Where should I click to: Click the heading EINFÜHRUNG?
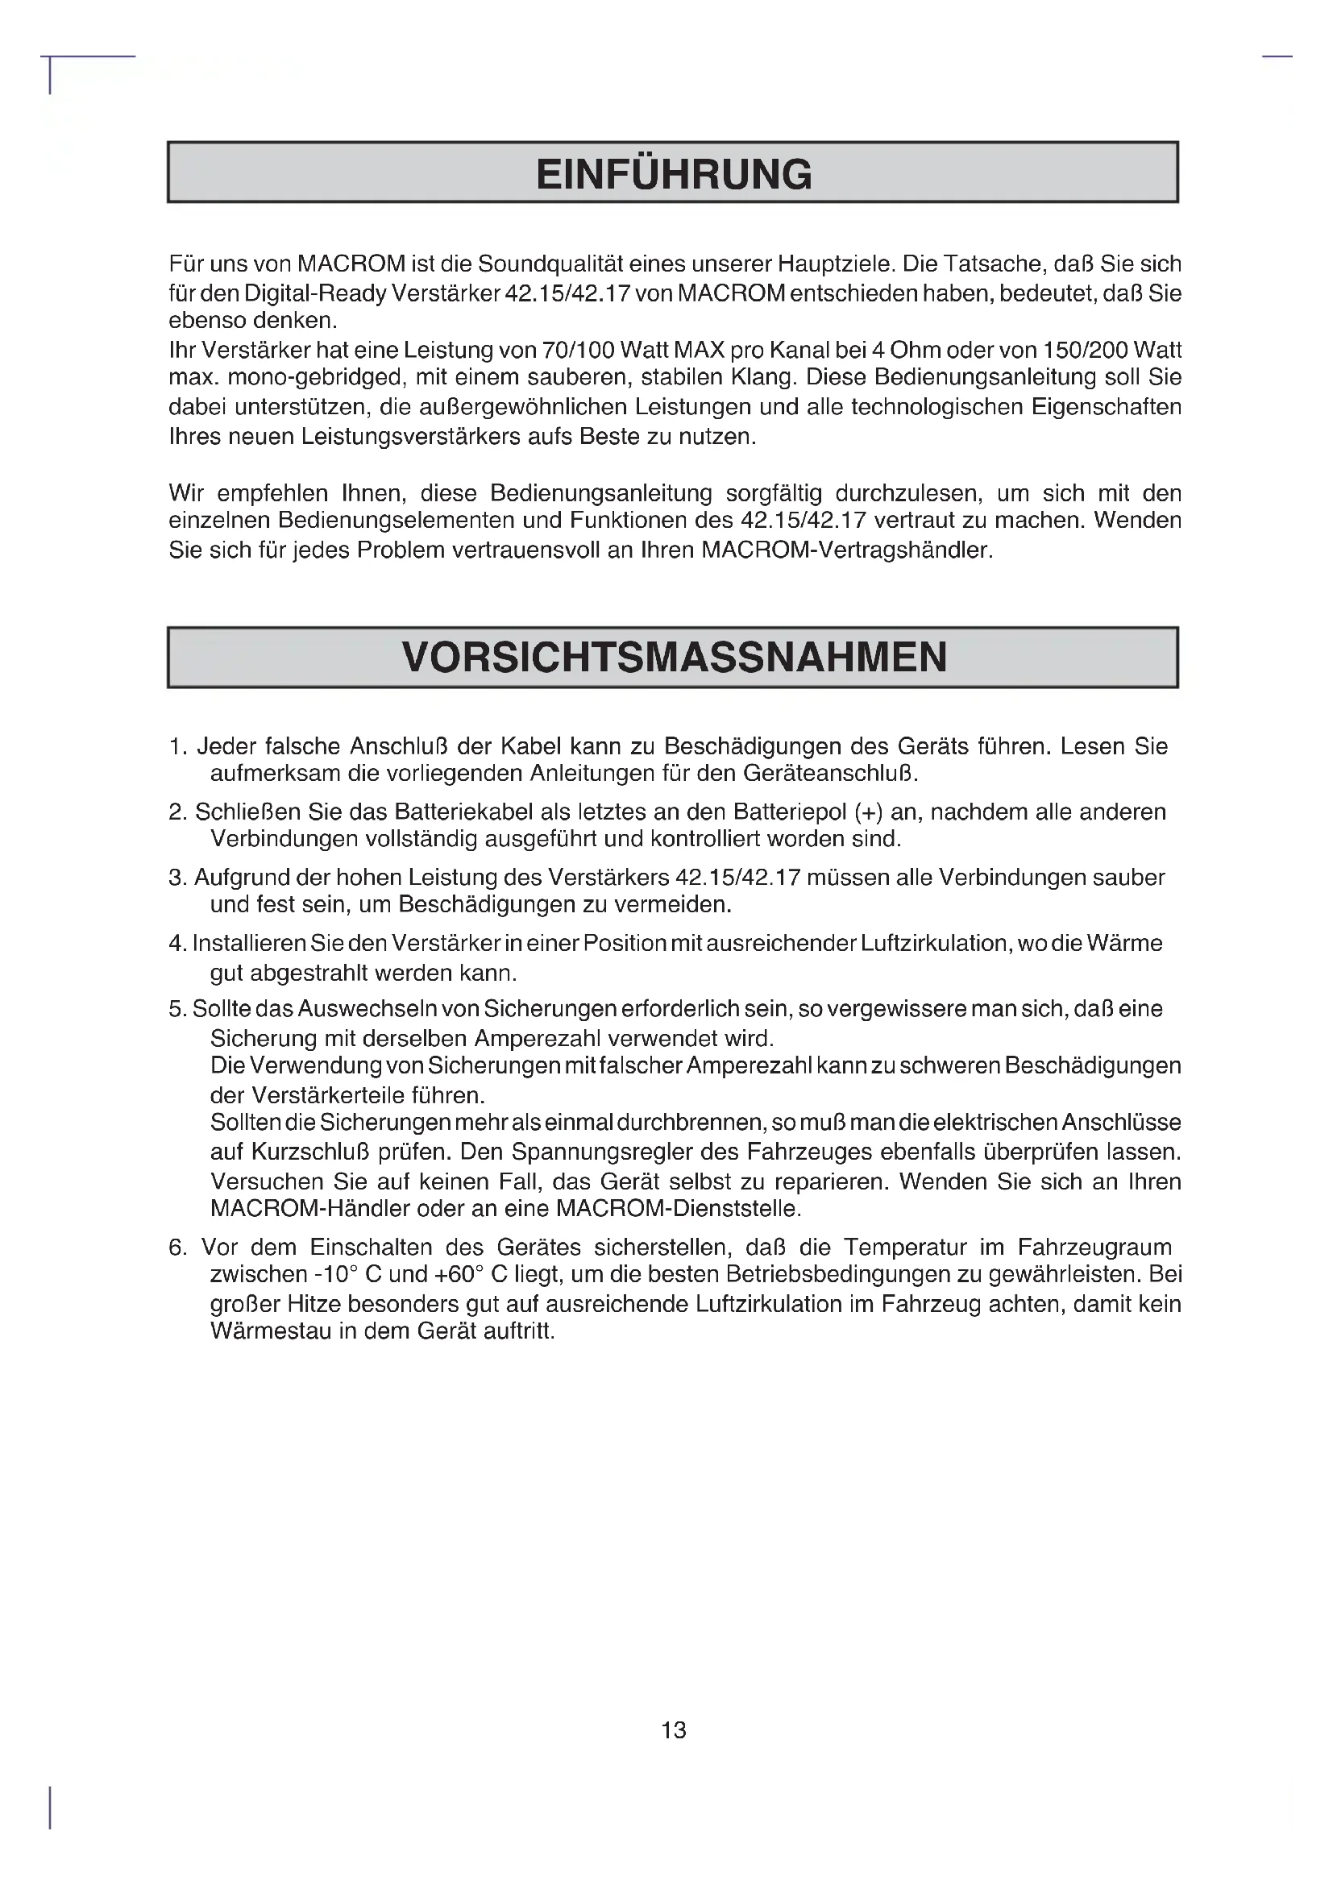click(x=673, y=174)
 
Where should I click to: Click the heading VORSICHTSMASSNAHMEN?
click(x=673, y=658)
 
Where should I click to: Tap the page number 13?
click(x=673, y=1729)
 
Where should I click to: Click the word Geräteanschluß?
click(x=830, y=774)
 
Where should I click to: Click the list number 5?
click(x=176, y=1009)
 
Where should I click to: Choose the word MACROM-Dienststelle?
click(x=678, y=1209)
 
